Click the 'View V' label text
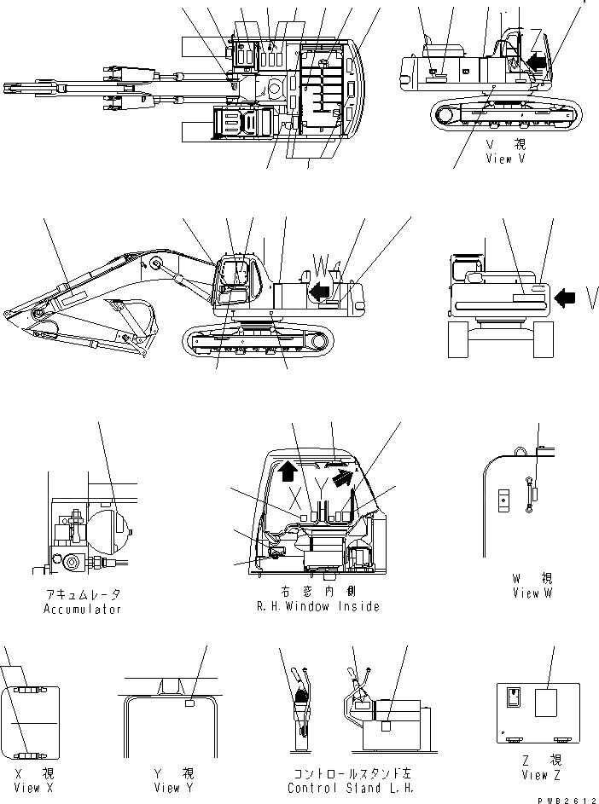(x=510, y=159)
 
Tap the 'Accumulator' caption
(x=82, y=609)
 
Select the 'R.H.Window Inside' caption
(x=317, y=606)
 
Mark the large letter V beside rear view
(x=590, y=296)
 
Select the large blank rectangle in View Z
(x=547, y=704)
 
